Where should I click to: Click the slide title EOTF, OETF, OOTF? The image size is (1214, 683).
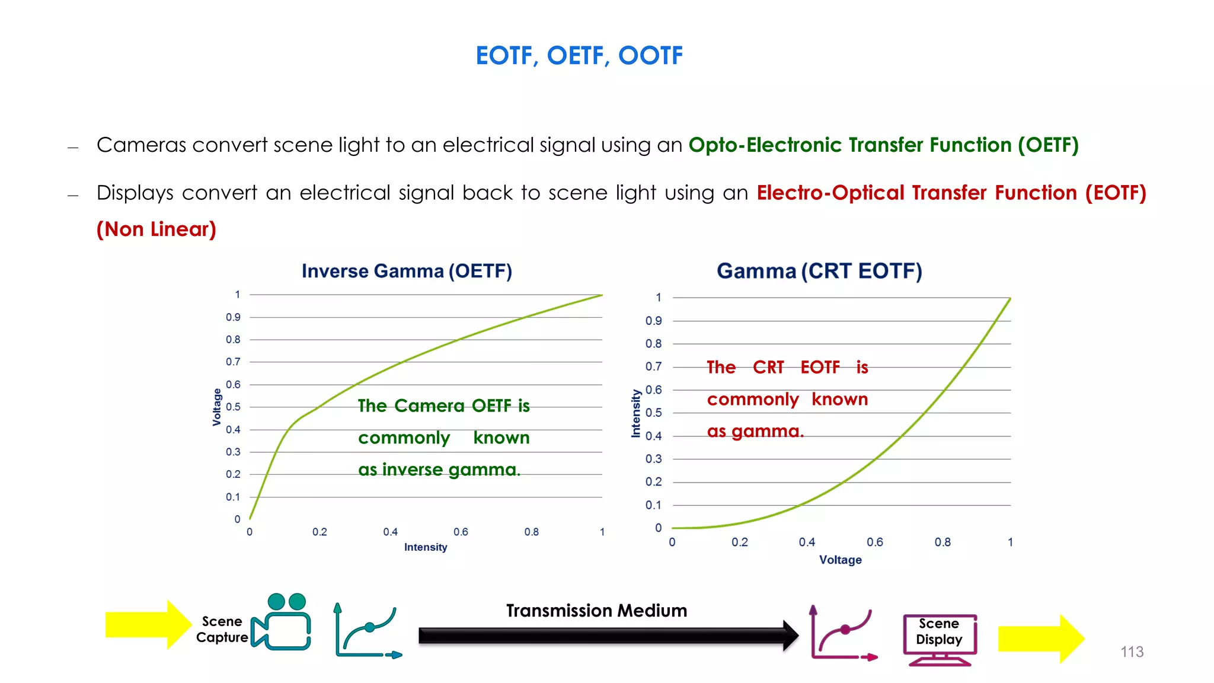pos(579,56)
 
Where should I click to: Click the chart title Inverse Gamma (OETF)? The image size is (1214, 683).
pos(407,271)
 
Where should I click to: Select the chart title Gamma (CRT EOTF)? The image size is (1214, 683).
pos(819,271)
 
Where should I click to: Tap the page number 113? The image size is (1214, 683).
pos(1131,652)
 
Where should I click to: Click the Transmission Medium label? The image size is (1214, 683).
pos(596,611)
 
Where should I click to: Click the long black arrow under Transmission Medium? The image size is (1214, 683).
pos(605,636)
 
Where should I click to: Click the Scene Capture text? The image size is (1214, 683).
pos(222,630)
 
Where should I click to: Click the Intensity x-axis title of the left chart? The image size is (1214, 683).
pos(426,547)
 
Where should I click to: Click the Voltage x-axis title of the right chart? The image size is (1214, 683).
pos(840,560)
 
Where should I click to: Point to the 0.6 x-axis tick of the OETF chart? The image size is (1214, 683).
pos(461,532)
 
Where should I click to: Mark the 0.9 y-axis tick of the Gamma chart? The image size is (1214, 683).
pos(653,321)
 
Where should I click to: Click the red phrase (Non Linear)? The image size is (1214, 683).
pos(156,229)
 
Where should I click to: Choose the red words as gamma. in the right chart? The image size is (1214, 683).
pos(755,431)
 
